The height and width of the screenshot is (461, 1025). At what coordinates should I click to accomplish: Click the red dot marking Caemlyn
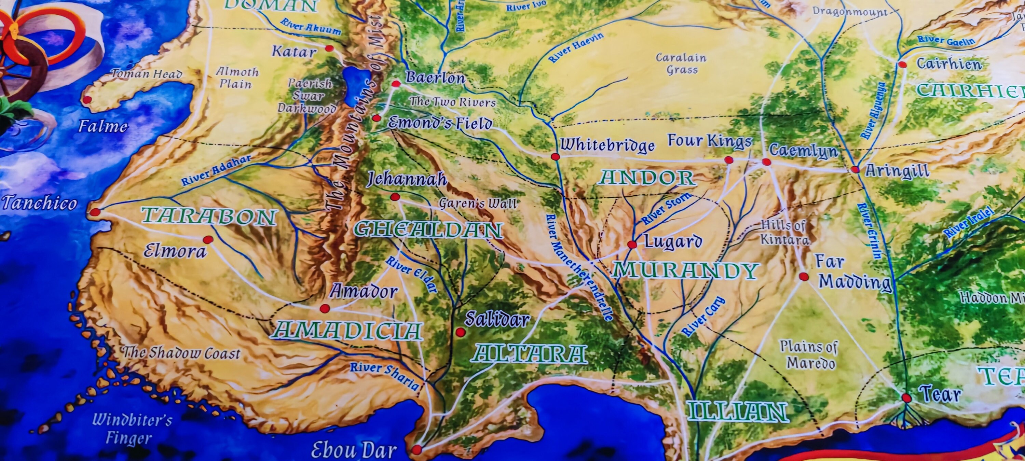pyautogui.click(x=766, y=162)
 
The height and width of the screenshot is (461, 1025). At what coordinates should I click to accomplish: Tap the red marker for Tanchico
pyautogui.click(x=95, y=212)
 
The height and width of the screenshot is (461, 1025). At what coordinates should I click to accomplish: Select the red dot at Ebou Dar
pyautogui.click(x=416, y=449)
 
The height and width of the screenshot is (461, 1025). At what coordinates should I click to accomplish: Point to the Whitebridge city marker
pyautogui.click(x=555, y=156)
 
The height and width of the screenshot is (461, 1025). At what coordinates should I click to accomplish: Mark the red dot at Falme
pyautogui.click(x=87, y=99)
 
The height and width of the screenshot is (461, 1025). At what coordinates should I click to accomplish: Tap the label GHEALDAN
pyautogui.click(x=428, y=230)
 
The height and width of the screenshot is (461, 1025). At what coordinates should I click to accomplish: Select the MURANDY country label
pyautogui.click(x=684, y=270)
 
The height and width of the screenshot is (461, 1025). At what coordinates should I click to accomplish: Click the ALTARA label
pyautogui.click(x=529, y=354)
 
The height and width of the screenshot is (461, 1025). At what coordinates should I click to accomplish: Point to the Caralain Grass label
pyautogui.click(x=681, y=64)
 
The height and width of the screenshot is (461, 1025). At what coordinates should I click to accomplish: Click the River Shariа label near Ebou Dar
pyautogui.click(x=384, y=375)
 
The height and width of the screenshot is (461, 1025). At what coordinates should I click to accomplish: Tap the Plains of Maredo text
pyautogui.click(x=808, y=354)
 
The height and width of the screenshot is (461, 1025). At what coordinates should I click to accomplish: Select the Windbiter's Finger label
pyautogui.click(x=131, y=429)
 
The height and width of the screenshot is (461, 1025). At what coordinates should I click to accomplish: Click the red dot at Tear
pyautogui.click(x=906, y=397)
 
